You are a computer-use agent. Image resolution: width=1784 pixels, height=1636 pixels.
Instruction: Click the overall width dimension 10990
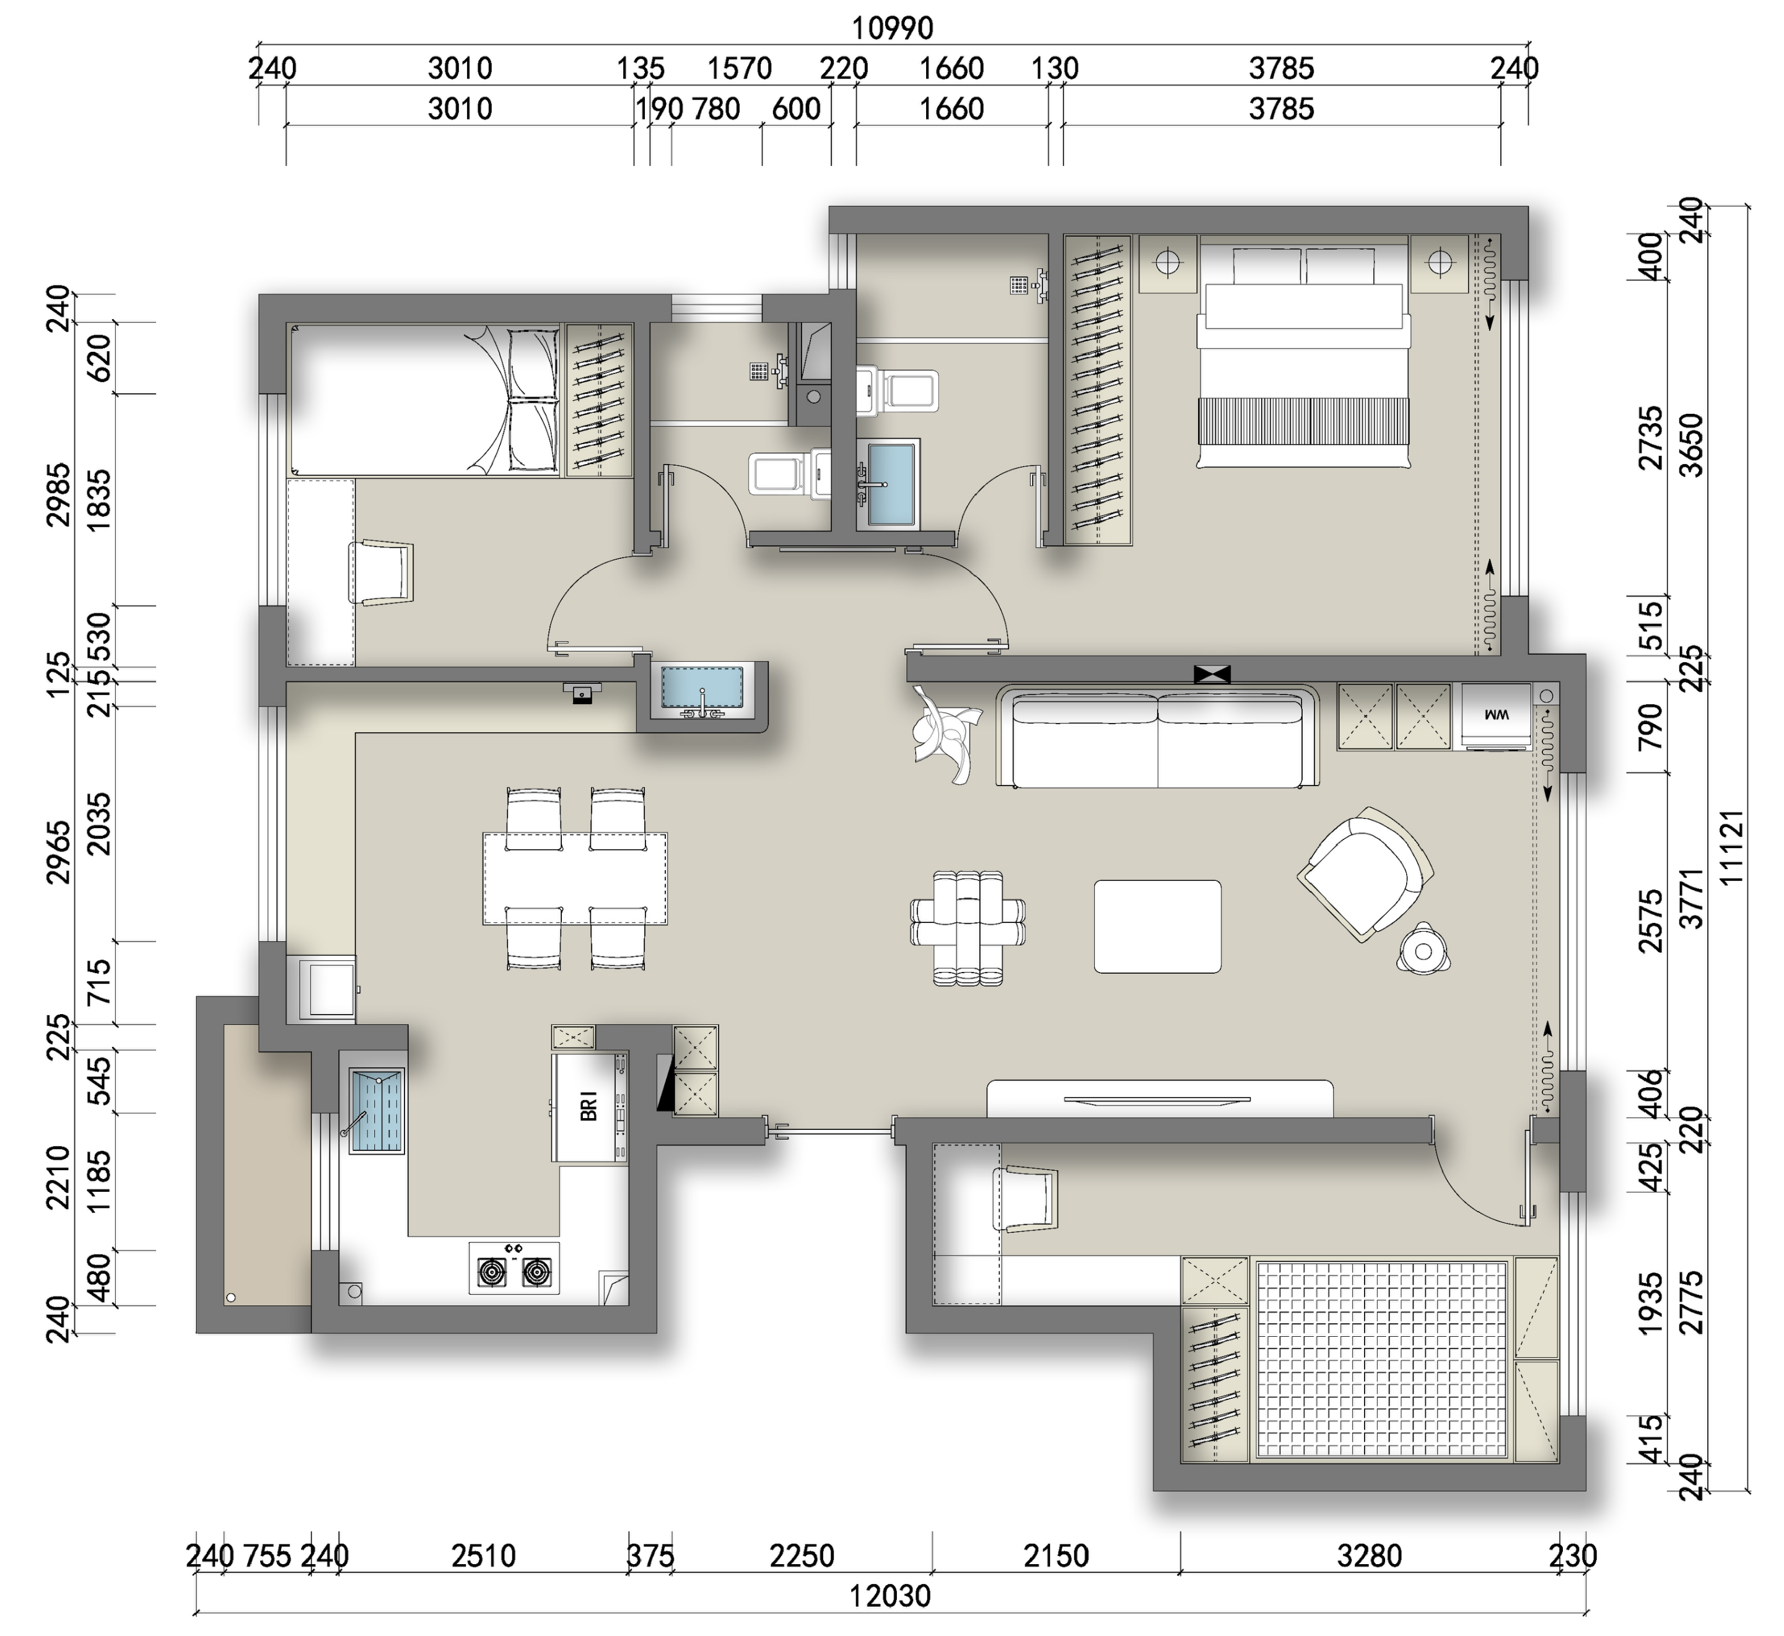(x=893, y=28)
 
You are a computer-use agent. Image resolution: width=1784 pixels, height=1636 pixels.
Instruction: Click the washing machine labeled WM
(x=1496, y=716)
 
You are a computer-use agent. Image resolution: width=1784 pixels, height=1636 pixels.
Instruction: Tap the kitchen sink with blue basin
(x=378, y=1110)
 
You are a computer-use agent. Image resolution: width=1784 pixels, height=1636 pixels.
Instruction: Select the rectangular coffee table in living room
(x=1157, y=926)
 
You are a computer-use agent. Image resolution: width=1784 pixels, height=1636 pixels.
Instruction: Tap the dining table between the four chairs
(x=575, y=878)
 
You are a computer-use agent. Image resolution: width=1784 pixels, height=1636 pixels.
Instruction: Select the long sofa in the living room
(x=1158, y=736)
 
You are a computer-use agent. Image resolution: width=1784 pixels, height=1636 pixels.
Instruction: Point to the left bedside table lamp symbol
(x=1167, y=263)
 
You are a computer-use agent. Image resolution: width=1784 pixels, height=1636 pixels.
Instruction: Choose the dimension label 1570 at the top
(x=739, y=68)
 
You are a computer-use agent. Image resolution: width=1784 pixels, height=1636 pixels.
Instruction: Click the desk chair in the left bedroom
(x=382, y=573)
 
